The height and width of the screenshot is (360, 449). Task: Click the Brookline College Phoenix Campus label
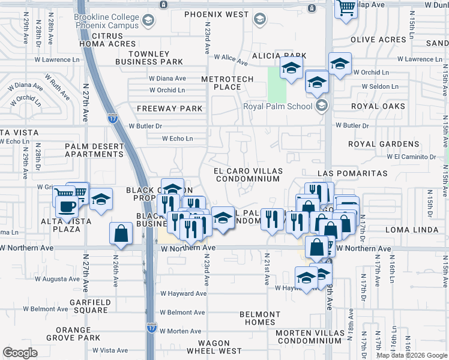pyautogui.click(x=106, y=21)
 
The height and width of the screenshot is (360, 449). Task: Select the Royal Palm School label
pyautogui.click(x=277, y=106)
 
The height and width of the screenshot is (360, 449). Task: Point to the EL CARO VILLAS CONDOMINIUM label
pyautogui.click(x=247, y=175)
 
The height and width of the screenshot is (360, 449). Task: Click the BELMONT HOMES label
pyautogui.click(x=260, y=318)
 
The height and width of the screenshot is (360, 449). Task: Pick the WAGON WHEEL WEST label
pyautogui.click(x=214, y=346)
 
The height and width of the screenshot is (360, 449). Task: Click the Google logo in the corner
pyautogui.click(x=20, y=353)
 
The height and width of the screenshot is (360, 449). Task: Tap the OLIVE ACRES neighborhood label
pyautogui.click(x=378, y=40)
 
